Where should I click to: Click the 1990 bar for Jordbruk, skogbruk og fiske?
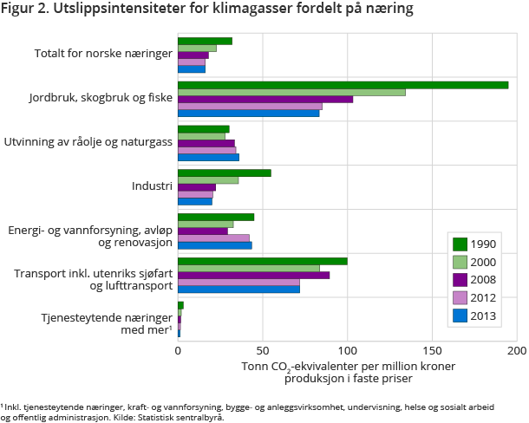[x=343, y=85]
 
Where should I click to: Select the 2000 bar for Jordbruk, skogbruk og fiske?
[x=291, y=92]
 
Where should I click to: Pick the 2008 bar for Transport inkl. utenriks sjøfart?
[x=253, y=276]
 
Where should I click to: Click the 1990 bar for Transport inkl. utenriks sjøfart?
[x=262, y=261]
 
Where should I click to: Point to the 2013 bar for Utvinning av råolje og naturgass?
[x=208, y=157]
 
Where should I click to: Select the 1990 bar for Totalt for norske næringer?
[x=205, y=41]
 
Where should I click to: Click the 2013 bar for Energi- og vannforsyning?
[x=214, y=245]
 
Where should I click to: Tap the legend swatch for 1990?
[x=460, y=244]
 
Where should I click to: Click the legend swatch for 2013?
[x=460, y=316]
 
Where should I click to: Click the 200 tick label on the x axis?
[x=517, y=351]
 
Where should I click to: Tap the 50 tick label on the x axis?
[x=263, y=351]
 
